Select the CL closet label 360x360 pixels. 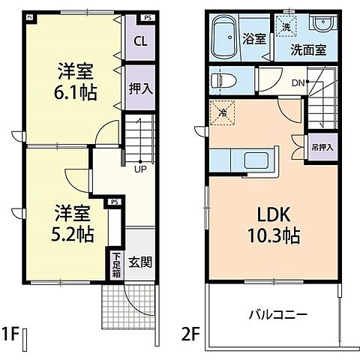point(140,42)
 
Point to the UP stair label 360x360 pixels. point(140,169)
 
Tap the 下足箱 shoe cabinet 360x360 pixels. point(116,265)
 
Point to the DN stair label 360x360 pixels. point(298,82)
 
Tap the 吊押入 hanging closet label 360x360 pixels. point(322,147)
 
